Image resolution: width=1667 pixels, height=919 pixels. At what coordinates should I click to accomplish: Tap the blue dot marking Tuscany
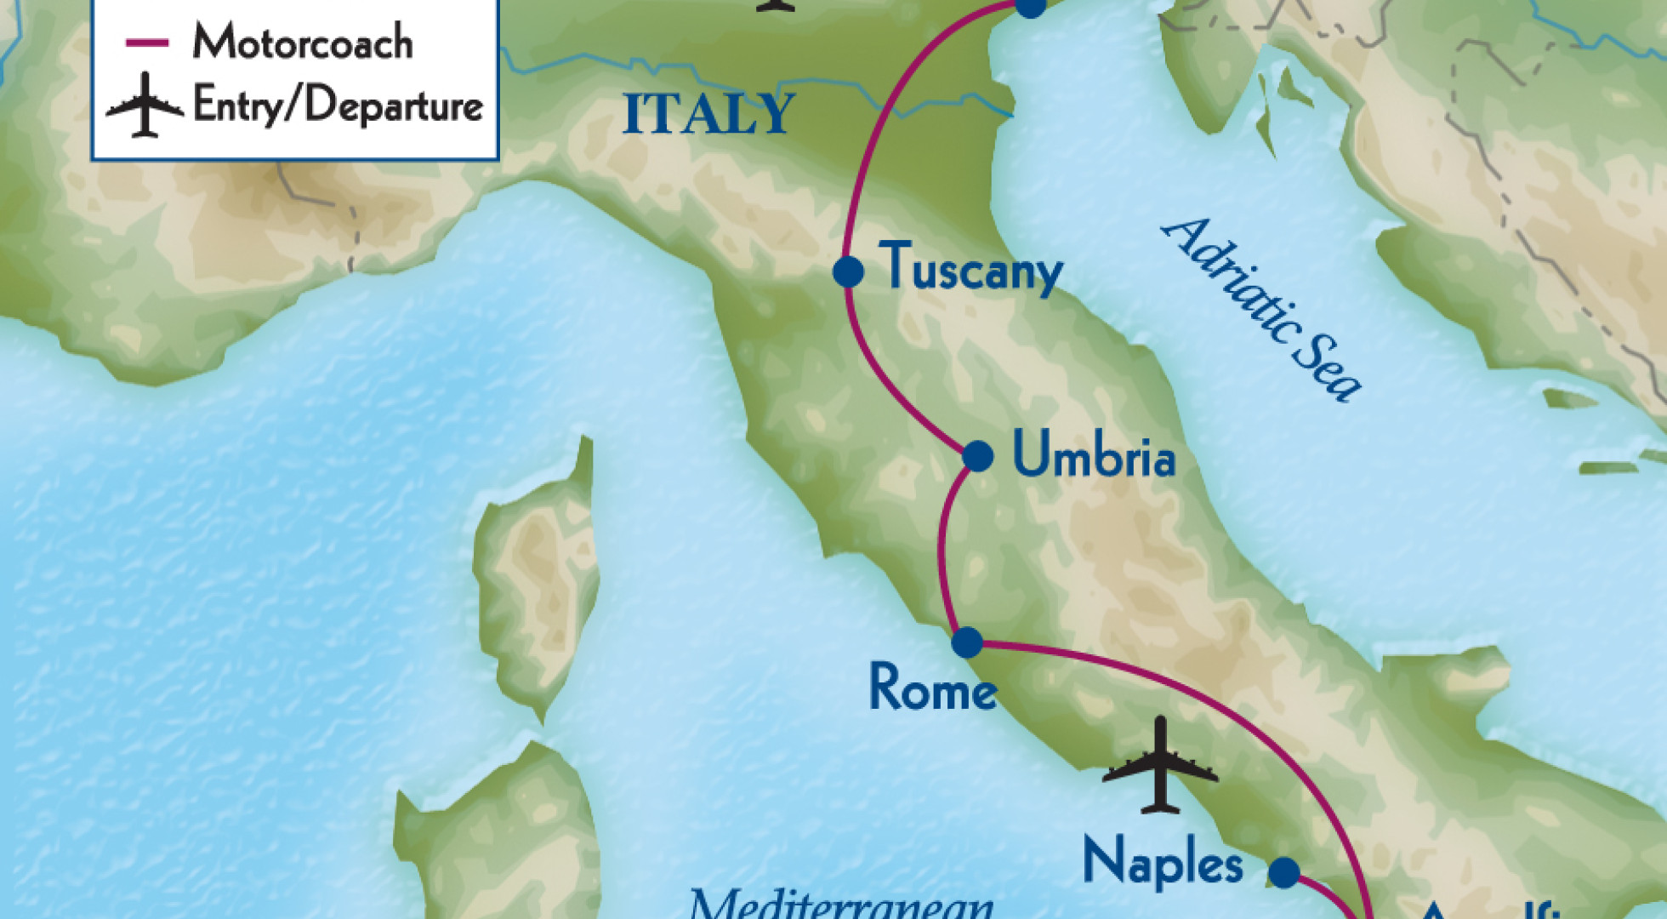[x=848, y=272]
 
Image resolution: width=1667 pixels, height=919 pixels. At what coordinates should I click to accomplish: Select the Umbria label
[x=1094, y=455]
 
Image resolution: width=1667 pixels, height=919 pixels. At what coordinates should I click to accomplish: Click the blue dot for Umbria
[x=978, y=456]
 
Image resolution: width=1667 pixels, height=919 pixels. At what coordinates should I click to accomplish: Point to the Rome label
[x=932, y=688]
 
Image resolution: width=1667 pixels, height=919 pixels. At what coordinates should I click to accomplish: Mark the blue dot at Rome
[x=967, y=642]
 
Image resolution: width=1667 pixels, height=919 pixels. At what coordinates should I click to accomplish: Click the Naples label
[x=1162, y=863]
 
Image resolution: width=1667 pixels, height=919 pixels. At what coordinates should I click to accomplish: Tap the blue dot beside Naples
[x=1284, y=872]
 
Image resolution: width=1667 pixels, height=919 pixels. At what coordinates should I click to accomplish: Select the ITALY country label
[x=708, y=114]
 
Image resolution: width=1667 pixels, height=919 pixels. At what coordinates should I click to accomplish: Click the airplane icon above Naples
[x=1160, y=766]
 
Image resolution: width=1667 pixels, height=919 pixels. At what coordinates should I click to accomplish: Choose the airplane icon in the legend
[x=145, y=106]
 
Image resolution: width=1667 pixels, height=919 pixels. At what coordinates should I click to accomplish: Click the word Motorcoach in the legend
[x=303, y=42]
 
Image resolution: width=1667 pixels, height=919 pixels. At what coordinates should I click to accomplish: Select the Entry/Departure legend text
[x=338, y=106]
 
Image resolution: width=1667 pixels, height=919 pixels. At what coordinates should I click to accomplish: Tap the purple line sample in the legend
[x=146, y=43]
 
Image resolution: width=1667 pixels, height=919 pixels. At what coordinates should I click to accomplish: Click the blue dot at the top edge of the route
[x=1030, y=7]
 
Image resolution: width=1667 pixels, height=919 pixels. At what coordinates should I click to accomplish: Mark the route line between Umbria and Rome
[x=942, y=553]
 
